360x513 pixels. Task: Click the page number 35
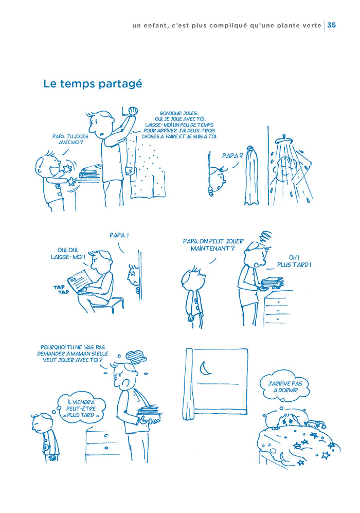coord(332,25)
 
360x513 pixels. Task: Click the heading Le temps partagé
coord(93,84)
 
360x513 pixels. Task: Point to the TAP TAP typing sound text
coord(61,290)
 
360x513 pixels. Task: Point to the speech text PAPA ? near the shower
coord(232,155)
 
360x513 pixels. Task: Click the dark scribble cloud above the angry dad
coord(135,356)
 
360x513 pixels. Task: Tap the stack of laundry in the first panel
coord(89,171)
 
